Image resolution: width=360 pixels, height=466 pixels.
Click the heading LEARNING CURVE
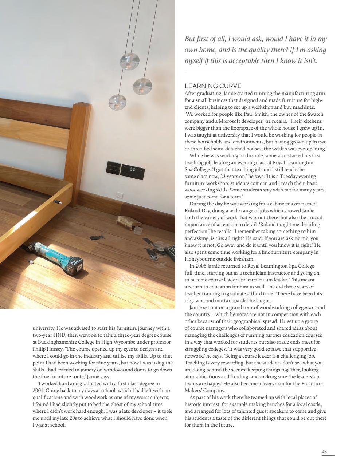[x=213, y=86]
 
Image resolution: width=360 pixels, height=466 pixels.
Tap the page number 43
[x=324, y=451]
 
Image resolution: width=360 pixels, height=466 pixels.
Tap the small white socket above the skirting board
[x=119, y=194]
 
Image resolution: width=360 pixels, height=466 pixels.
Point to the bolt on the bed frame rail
[x=58, y=201]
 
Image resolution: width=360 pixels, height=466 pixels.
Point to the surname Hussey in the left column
[x=56, y=349]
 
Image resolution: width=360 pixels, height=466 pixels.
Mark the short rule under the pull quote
[x=210, y=72]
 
